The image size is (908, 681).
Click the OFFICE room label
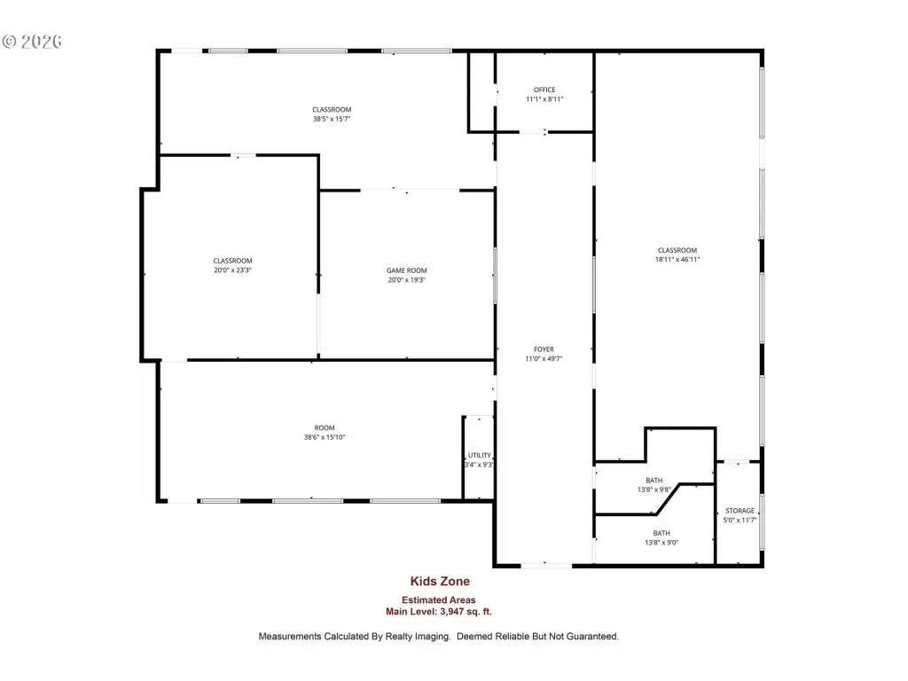(x=544, y=90)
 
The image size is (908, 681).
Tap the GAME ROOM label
(x=406, y=270)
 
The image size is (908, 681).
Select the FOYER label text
(x=544, y=349)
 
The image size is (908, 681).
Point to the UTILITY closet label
(x=480, y=455)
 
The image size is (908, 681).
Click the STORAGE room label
(x=740, y=511)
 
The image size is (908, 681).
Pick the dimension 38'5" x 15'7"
(x=332, y=119)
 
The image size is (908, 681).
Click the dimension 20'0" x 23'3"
(x=233, y=270)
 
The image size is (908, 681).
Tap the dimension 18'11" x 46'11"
(x=677, y=260)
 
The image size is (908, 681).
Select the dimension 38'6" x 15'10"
(x=325, y=437)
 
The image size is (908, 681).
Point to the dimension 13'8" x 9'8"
(x=654, y=489)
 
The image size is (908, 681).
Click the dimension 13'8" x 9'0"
(x=661, y=543)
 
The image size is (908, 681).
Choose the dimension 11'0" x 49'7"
(x=544, y=358)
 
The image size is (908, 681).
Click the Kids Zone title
(x=440, y=582)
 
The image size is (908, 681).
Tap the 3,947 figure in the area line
(x=458, y=612)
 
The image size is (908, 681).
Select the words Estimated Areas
(x=439, y=600)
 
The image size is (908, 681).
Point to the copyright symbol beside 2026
(x=10, y=42)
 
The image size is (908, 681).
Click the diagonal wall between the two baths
(x=668, y=498)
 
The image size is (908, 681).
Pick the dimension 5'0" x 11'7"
(x=740, y=520)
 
